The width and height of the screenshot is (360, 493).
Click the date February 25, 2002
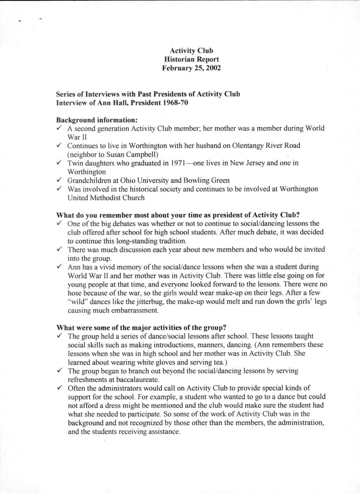coord(191,68)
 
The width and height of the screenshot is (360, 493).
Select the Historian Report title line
coord(191,60)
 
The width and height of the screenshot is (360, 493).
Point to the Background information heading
coord(97,120)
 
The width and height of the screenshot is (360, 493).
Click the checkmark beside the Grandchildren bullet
coord(60,180)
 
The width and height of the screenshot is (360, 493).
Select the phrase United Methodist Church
coord(106,198)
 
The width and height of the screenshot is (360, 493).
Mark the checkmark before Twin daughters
coord(60,163)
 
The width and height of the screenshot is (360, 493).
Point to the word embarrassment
coord(133,311)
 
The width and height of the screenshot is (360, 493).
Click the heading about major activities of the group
coord(141,327)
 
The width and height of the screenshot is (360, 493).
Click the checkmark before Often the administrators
coord(60,388)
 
